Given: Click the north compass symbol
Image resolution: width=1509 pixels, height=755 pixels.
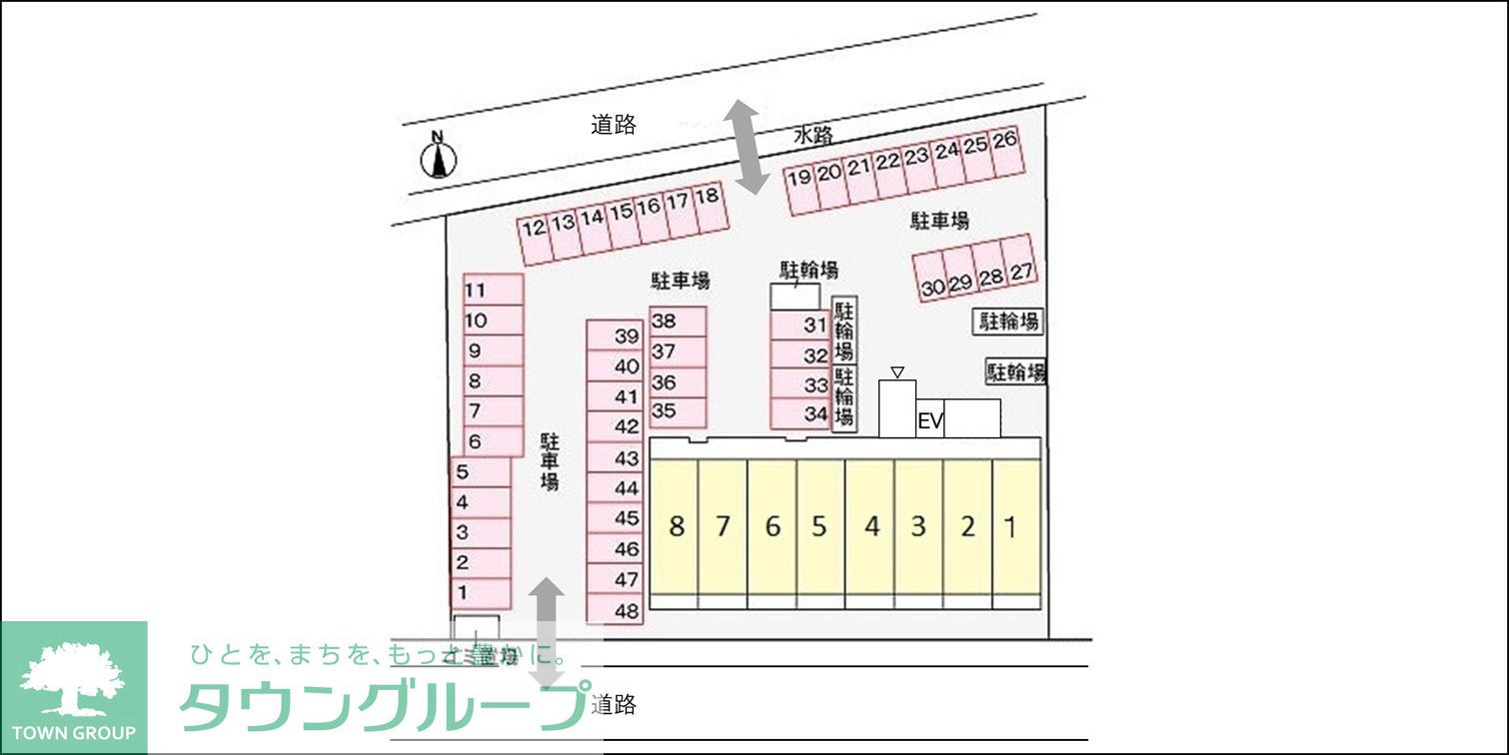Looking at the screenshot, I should coord(438,157).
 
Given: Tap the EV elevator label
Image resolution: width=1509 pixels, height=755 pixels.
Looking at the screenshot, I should coord(930,422).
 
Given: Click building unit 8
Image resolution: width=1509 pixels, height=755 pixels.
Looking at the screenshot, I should coord(676,526).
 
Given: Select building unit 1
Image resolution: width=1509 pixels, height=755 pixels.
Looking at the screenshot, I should coord(1011,526).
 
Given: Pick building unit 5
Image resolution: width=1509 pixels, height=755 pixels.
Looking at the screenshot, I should coord(819,526).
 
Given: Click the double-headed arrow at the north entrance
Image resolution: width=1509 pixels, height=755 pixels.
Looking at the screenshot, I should coord(746,146).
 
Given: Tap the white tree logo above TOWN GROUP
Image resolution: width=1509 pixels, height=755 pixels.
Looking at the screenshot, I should coord(72,679).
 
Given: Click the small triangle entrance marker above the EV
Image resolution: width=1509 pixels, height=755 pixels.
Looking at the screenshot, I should coord(897,373).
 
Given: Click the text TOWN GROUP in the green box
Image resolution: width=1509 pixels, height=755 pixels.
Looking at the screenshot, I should coord(73,733).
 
